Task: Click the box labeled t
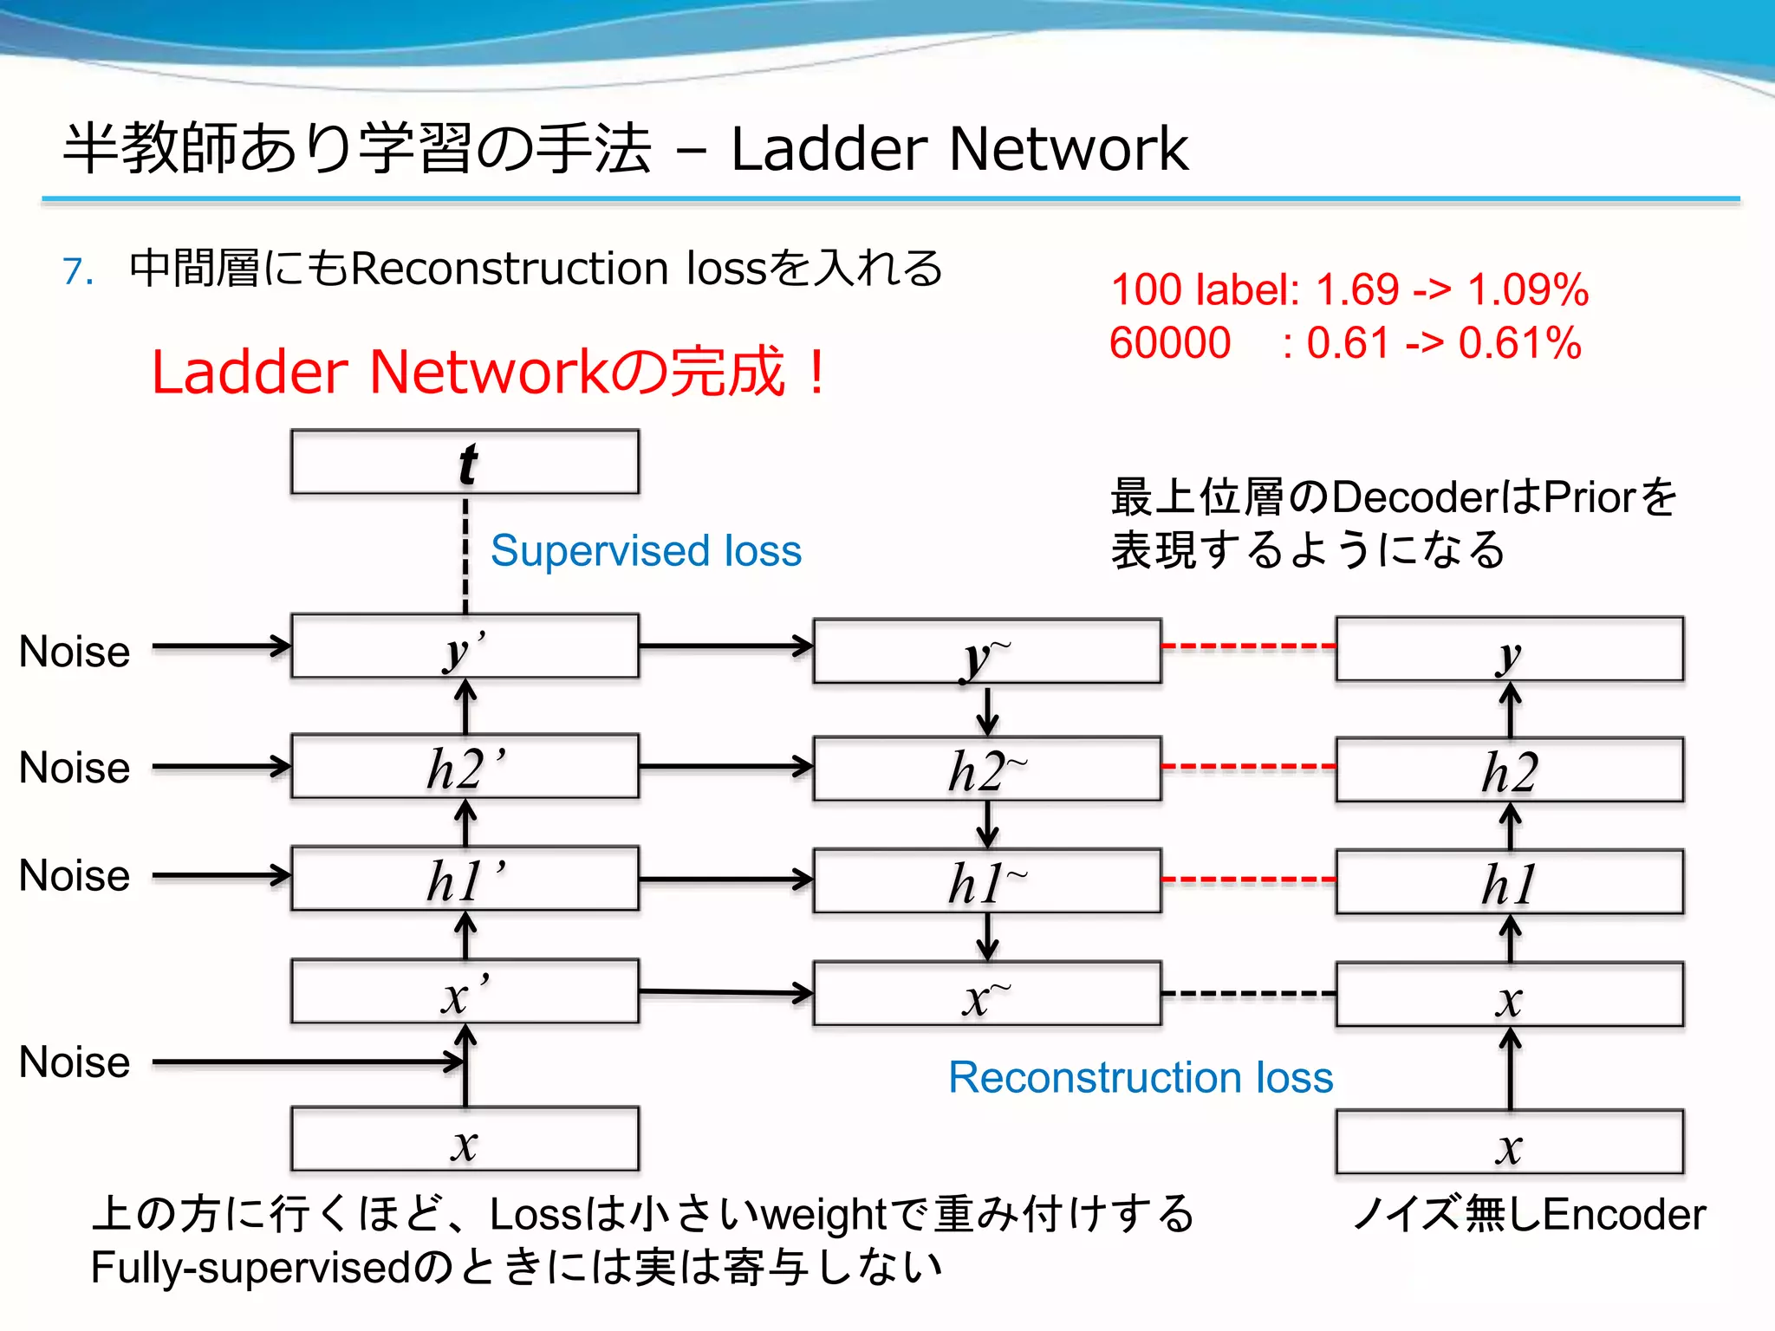point(465,462)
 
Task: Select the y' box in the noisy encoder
point(465,646)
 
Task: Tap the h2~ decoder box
point(986,769)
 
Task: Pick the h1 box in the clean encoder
point(1509,881)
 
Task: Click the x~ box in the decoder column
point(986,994)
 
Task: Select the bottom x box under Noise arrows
point(465,1139)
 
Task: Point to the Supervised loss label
point(646,551)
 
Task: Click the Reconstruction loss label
point(1141,1077)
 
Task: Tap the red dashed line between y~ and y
point(1248,646)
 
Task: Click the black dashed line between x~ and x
point(1248,994)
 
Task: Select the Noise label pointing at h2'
point(75,768)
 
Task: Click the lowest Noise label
point(75,1062)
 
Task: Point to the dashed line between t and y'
point(465,555)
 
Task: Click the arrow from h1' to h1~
point(726,880)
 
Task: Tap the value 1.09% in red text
point(1527,289)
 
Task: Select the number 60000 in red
point(1170,343)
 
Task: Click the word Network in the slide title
point(1068,149)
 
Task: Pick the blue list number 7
point(78,271)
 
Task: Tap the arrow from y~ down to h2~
point(987,711)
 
